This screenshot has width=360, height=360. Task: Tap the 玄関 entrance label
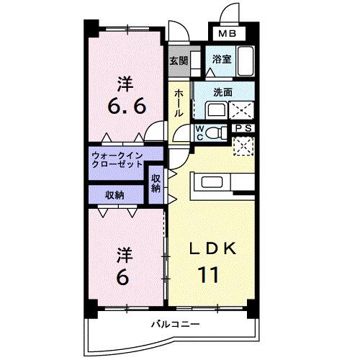(x=179, y=61)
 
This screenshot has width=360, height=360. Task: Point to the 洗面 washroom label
(x=222, y=92)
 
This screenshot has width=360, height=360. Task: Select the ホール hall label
(x=179, y=103)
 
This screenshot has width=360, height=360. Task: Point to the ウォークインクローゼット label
(x=117, y=159)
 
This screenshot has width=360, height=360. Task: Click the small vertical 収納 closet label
(x=156, y=183)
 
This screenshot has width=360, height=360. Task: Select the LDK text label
(x=212, y=249)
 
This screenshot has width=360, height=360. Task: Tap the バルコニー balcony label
(x=171, y=325)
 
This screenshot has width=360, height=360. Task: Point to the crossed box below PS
(x=244, y=145)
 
